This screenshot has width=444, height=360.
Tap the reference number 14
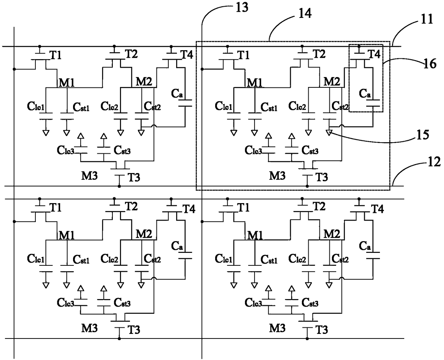coord(305,13)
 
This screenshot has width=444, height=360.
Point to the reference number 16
coord(430,64)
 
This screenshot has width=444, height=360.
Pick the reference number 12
coord(434,162)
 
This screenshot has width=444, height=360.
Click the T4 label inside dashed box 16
coord(375,54)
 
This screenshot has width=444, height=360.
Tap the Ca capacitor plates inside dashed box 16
coord(373,103)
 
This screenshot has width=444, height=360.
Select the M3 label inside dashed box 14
coord(277,176)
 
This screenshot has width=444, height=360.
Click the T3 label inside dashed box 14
coord(322,177)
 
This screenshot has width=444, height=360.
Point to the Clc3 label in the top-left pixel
coord(66,150)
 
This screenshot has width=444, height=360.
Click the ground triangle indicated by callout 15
coord(329,133)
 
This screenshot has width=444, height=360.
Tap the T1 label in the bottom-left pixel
coord(56,208)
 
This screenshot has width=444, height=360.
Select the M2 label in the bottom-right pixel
coord(332,234)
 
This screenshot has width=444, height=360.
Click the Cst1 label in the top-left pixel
coord(81,107)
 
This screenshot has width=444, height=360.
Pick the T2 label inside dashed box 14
coord(319,54)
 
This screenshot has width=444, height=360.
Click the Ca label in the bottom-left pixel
coord(177,246)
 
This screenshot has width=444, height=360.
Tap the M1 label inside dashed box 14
coord(255,83)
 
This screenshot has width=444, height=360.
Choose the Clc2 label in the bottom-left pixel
coord(110,259)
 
